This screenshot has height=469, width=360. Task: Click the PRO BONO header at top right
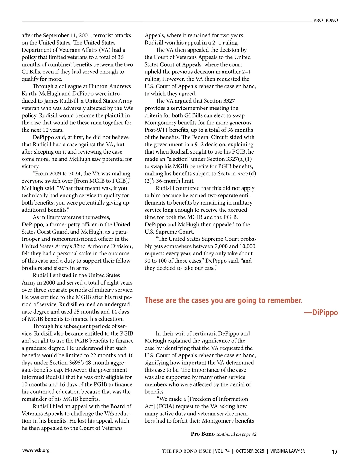pyautogui.click(x=325, y=20)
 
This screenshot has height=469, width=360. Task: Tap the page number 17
pyautogui.click(x=334, y=452)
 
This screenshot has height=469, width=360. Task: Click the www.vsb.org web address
pyautogui.click(x=36, y=450)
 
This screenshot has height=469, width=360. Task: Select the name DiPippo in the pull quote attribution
pyautogui.click(x=325, y=312)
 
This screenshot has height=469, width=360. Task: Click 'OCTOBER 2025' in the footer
pyautogui.click(x=250, y=451)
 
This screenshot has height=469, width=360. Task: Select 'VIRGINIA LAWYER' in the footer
pyautogui.click(x=288, y=451)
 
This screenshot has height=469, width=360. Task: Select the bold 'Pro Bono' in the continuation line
pyautogui.click(x=203, y=434)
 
